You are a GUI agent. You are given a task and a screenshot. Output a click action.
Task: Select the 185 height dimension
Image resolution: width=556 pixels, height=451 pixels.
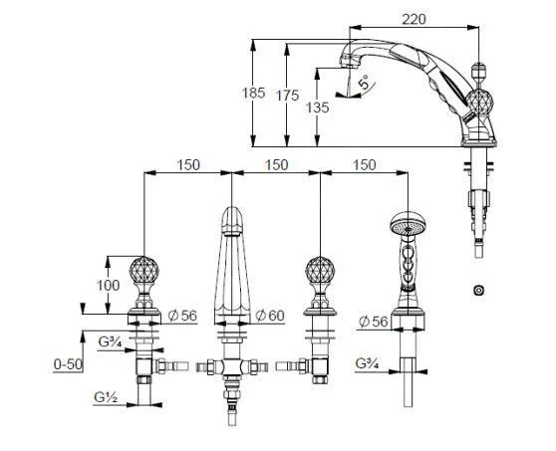pyautogui.click(x=254, y=94)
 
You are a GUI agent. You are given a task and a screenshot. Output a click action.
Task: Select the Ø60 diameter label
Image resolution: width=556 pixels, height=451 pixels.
pyautogui.click(x=271, y=316)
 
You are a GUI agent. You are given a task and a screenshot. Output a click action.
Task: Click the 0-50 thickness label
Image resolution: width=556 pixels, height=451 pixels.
pyautogui.click(x=68, y=365)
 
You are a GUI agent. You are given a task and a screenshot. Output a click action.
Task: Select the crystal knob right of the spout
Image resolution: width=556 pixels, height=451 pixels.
pyautogui.click(x=319, y=271)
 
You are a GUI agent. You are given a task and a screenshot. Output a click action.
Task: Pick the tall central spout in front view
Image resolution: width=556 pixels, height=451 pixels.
pyautogui.click(x=232, y=264)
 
